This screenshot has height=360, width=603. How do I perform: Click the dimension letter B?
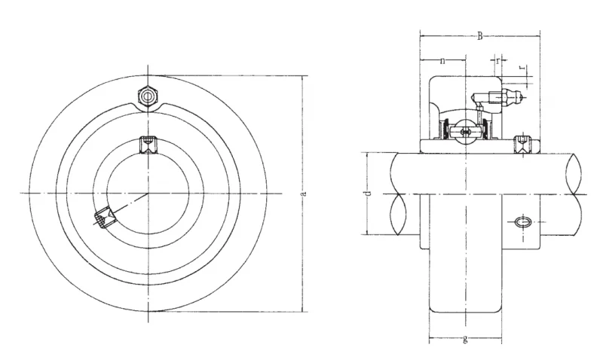coord(480,36)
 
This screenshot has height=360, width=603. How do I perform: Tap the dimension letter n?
coord(442,61)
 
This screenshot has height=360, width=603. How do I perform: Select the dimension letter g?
coord(465,339)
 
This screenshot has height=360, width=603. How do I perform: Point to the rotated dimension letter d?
coord(368,194)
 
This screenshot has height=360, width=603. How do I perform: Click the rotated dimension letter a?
coord(304,194)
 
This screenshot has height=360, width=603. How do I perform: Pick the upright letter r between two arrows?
coord(498,60)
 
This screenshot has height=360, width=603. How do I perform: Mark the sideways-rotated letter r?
coord(522,67)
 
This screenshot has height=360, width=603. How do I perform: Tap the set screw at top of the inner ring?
coord(148,145)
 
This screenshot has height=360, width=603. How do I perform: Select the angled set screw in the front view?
coord(104,218)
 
